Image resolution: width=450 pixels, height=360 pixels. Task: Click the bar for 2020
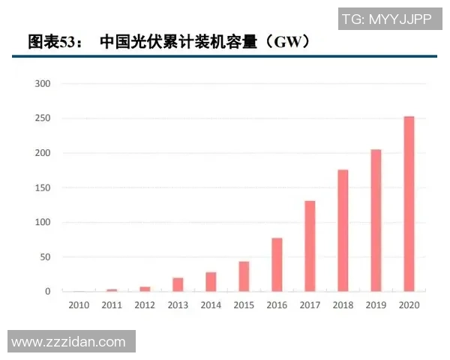point(409,203)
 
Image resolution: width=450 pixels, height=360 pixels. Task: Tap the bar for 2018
point(343,230)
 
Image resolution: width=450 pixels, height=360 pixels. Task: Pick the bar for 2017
point(310,246)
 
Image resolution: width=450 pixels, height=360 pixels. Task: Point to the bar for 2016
point(277,265)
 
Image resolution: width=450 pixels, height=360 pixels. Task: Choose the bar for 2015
point(244,276)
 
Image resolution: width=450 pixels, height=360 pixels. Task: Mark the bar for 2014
point(211,281)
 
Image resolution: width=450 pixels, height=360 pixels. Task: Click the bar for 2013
point(178,284)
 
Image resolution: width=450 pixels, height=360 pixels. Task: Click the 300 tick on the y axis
point(43,84)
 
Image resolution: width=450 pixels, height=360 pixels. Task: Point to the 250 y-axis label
point(43,118)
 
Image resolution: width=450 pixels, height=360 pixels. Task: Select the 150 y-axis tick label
point(43,187)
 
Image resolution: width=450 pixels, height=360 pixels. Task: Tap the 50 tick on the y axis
point(45,257)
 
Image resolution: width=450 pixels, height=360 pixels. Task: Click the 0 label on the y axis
point(47,292)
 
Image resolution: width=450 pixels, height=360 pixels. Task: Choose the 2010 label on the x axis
point(79,306)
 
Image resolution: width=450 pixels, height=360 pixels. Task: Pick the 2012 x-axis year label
point(145,306)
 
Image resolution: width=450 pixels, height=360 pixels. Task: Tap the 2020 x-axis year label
point(409,306)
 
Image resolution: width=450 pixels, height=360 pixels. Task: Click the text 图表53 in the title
point(49,42)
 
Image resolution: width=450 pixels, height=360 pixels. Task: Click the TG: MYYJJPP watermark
point(386,19)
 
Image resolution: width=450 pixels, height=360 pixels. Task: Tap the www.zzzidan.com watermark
point(68,342)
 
